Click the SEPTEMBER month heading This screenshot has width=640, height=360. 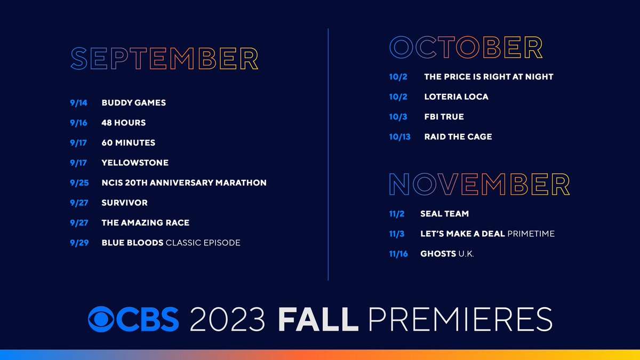164,59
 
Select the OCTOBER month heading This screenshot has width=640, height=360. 466,47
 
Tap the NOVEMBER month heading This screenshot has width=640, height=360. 479,185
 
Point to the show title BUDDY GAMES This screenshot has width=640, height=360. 133,102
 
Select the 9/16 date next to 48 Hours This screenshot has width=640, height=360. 78,123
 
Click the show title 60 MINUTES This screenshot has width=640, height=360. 128,143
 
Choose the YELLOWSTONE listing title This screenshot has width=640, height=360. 135,163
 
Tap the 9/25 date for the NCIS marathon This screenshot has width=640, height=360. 78,183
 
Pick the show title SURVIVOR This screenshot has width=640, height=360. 124,203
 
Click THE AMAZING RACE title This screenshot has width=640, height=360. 145,223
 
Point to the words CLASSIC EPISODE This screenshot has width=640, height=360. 203,243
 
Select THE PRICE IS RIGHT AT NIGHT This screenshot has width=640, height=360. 489,77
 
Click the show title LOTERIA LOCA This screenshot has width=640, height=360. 456,97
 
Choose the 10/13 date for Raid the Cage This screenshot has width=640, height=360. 400,137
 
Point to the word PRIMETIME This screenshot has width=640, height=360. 531,234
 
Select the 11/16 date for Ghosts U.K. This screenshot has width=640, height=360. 398,254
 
